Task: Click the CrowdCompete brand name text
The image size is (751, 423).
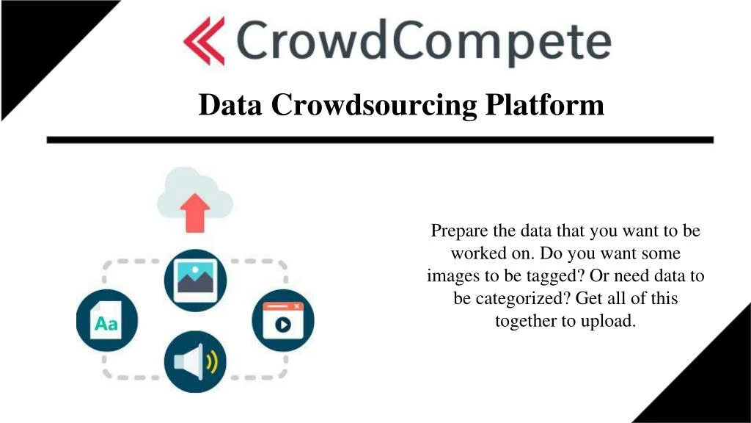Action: [424, 43]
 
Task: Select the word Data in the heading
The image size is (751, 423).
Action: [230, 105]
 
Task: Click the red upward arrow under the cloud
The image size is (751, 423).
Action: [195, 214]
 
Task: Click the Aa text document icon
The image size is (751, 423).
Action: [106, 320]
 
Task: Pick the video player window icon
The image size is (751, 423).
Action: [283, 320]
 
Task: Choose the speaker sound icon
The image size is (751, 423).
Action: [195, 361]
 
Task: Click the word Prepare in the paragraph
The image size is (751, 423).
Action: [458, 231]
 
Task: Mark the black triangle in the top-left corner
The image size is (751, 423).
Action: [37, 37]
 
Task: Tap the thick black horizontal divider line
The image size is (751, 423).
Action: [380, 140]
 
